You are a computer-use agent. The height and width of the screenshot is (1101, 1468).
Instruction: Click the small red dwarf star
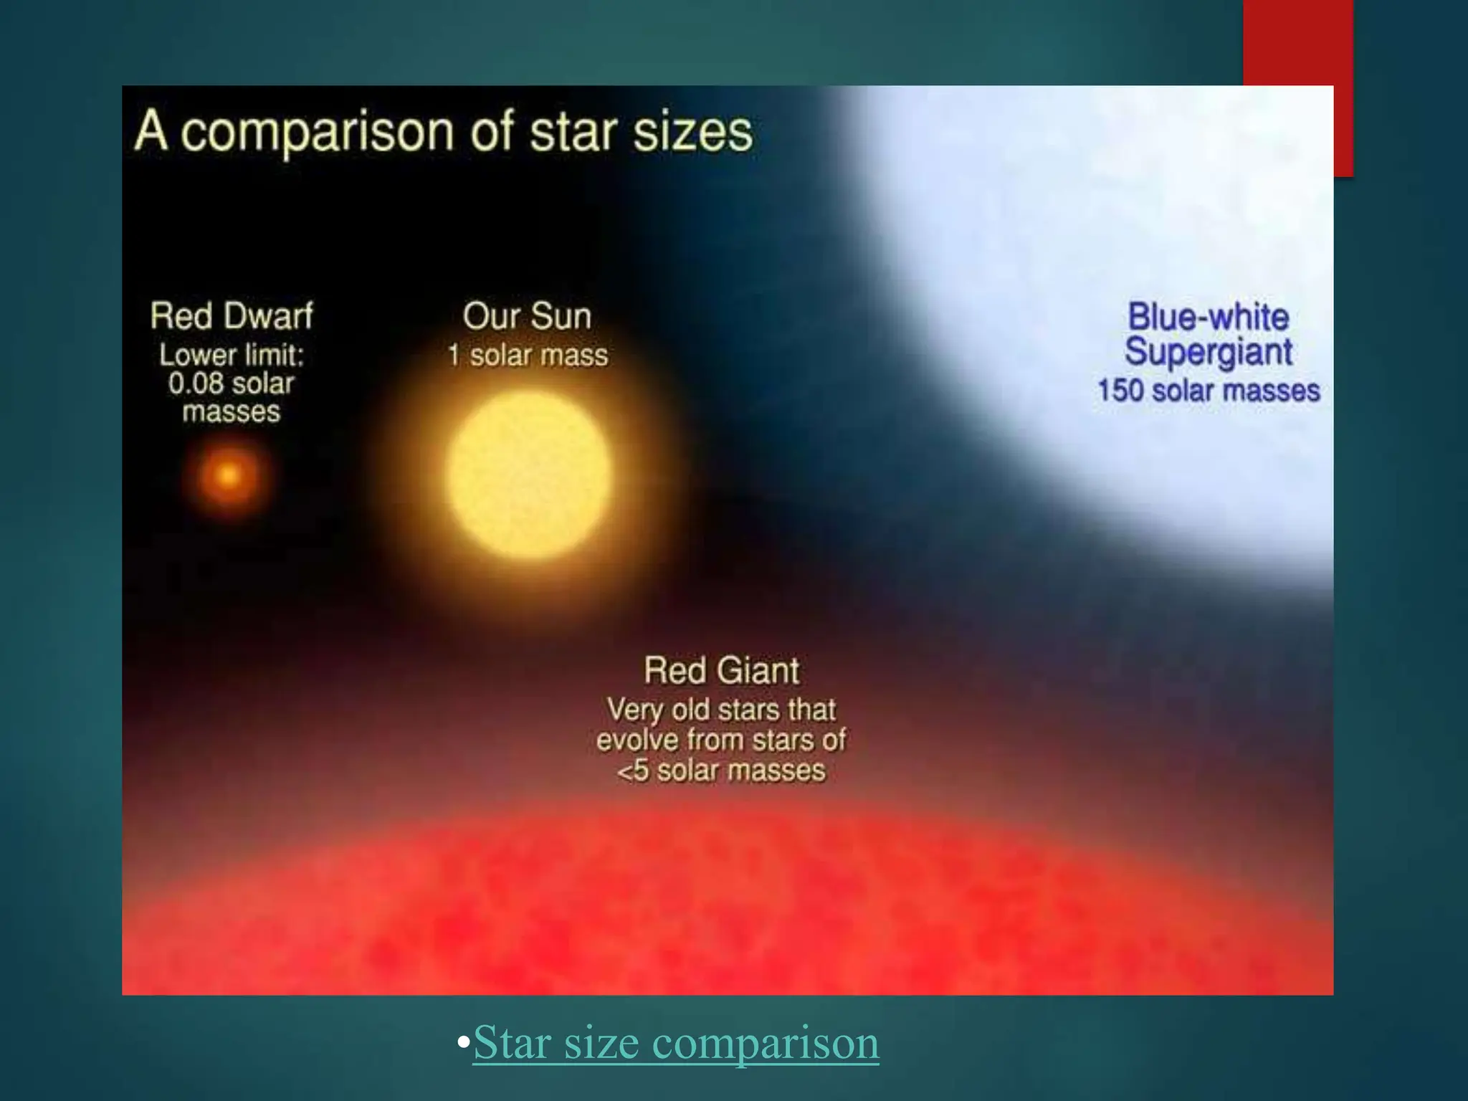point(229,475)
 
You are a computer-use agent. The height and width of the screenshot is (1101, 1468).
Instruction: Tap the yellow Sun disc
point(529,474)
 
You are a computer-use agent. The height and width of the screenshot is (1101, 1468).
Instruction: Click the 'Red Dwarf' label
point(232,316)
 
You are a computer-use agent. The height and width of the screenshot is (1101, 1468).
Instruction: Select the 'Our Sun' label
point(527,316)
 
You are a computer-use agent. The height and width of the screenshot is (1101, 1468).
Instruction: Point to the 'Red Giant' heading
point(721,670)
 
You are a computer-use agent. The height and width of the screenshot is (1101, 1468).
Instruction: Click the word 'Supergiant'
point(1209,353)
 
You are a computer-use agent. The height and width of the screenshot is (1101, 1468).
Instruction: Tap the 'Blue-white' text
point(1209,317)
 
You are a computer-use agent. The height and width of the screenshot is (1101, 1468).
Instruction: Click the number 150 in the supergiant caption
point(1120,391)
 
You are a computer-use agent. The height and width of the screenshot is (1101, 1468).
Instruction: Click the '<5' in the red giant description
point(633,771)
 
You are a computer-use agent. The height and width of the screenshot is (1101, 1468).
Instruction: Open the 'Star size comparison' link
point(676,1042)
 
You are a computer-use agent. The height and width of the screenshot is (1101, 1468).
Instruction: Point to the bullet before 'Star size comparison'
point(464,1041)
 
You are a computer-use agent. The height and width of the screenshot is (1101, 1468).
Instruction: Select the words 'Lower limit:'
point(232,356)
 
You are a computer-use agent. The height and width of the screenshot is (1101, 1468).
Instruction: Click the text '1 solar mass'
point(528,356)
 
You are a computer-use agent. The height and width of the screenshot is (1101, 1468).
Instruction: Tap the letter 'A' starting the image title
point(151,131)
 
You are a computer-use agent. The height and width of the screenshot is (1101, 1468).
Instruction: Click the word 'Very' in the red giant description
point(634,710)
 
